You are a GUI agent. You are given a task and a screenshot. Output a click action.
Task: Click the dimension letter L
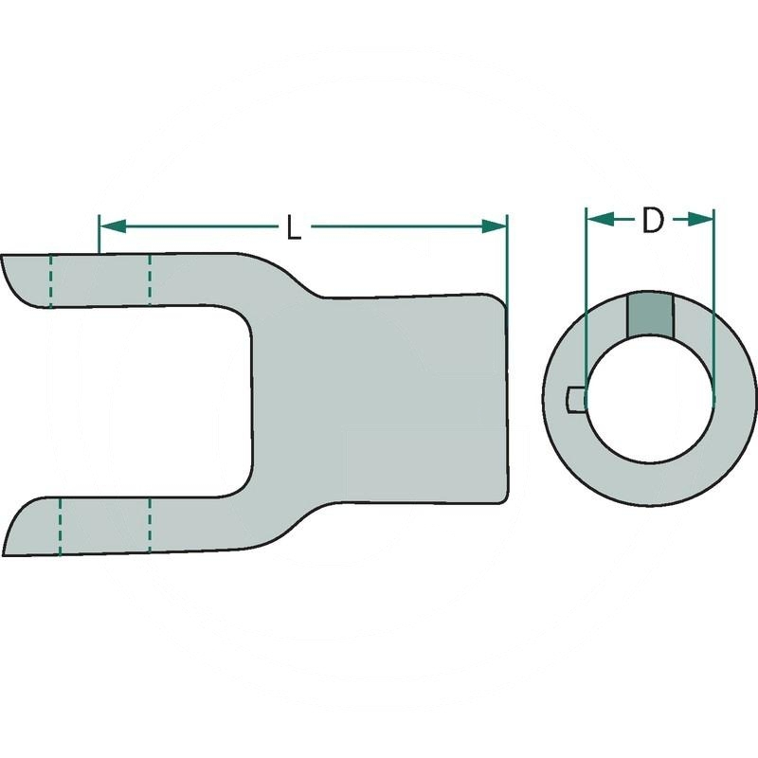tap(294, 227)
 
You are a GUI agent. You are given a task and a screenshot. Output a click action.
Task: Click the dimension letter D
tap(652, 221)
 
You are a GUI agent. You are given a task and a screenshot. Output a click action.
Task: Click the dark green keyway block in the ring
tap(649, 314)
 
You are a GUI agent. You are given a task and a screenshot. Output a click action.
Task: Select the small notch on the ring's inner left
tap(574, 400)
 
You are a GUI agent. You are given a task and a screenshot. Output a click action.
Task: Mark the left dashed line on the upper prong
tap(51, 280)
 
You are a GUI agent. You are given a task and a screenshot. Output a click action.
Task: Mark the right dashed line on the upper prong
tap(149, 277)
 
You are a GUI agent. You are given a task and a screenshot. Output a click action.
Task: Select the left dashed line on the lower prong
tap(60, 526)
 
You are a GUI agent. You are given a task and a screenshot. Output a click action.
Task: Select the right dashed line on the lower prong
tap(149, 523)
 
